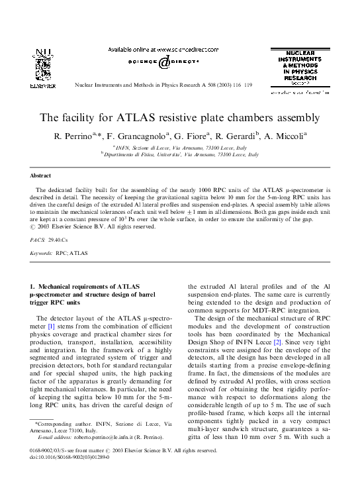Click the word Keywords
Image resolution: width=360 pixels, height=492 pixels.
41,253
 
